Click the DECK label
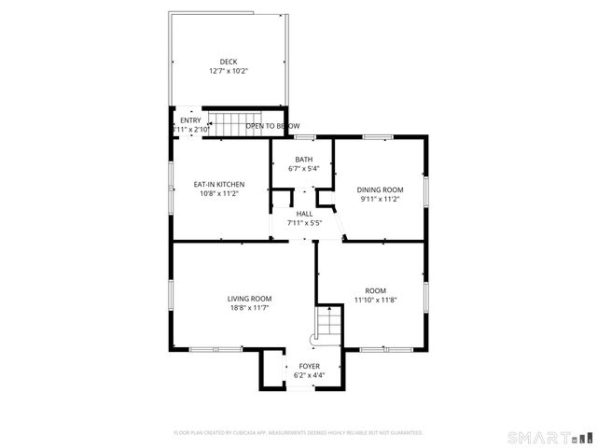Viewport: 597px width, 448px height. click(229, 62)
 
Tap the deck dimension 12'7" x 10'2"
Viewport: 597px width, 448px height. click(229, 71)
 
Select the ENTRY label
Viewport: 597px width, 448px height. click(189, 120)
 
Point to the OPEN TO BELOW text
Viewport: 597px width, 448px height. click(272, 126)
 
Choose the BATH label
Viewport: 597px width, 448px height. click(304, 160)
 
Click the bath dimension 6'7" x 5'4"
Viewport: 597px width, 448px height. click(304, 169)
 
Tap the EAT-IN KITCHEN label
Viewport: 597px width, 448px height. click(218, 184)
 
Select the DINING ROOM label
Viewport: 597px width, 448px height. click(380, 189)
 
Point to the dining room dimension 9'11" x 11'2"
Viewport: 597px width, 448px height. click(380, 199)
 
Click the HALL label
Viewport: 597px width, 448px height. click(304, 214)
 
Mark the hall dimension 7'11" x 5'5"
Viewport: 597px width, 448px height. click(304, 223)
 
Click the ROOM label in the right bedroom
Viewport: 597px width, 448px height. click(375, 290)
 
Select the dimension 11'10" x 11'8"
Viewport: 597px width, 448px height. click(375, 300)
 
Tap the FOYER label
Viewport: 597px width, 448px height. click(309, 366)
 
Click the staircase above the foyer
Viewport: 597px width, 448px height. click(328, 325)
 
